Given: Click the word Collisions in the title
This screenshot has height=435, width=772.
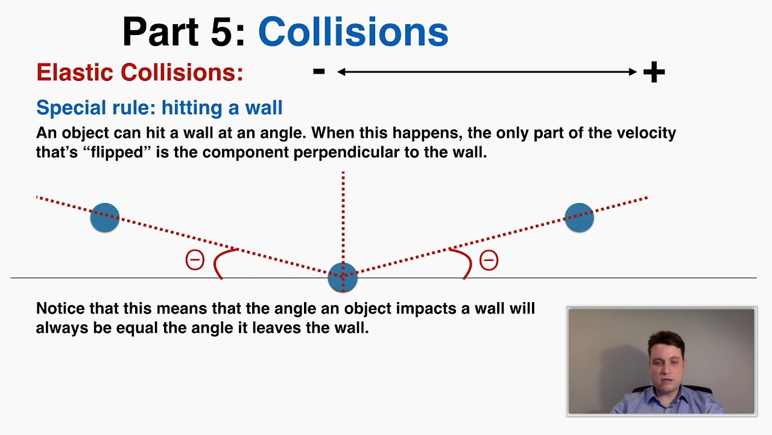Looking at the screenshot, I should [353, 32].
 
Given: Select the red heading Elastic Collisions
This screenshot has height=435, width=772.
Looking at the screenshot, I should [140, 72].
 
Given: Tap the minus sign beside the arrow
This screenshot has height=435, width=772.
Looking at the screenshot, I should [319, 72].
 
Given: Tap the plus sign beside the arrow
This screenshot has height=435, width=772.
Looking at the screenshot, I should [654, 72].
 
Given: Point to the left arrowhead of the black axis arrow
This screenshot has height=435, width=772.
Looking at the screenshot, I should [341, 72].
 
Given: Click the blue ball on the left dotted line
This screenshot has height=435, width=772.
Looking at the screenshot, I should [105, 217].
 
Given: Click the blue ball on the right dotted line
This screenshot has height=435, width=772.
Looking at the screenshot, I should [579, 217].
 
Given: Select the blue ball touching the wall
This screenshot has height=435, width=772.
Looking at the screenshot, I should [343, 277].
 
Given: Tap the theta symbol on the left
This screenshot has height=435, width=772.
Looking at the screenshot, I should [195, 260].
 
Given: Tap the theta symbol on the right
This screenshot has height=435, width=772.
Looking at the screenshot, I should [489, 260].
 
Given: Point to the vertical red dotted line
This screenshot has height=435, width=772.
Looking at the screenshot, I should [343, 217].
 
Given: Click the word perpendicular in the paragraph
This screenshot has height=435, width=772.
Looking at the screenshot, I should [347, 152].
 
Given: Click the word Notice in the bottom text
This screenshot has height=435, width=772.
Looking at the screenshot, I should [61, 309].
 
